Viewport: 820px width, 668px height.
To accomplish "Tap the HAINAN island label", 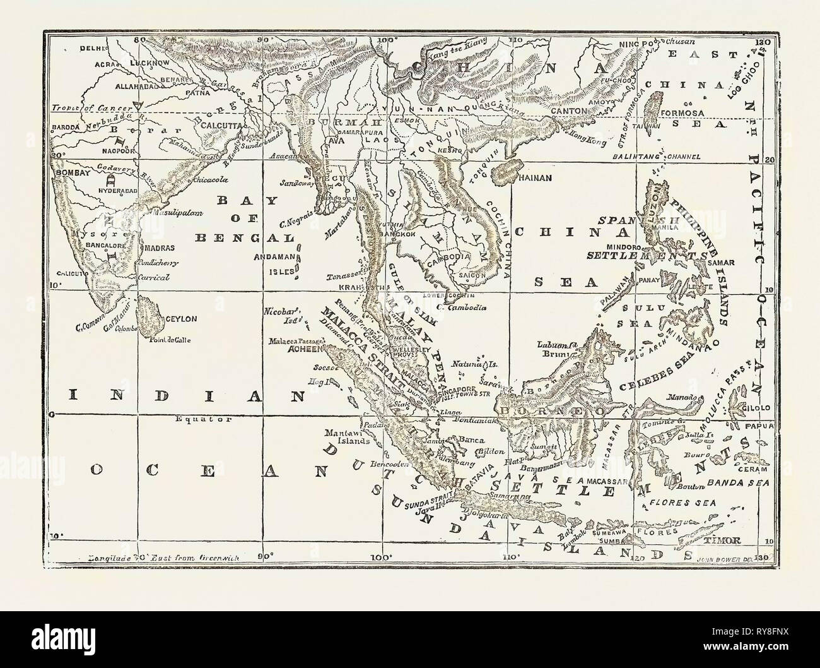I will click(x=536, y=178).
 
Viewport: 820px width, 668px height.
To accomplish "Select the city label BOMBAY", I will click(x=66, y=172).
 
